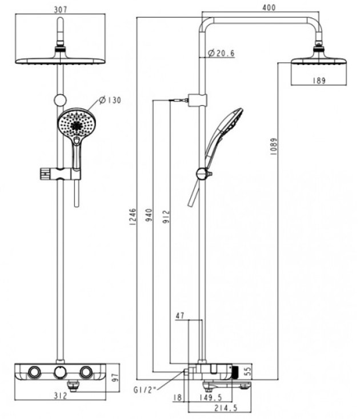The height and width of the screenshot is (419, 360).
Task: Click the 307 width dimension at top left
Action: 60,8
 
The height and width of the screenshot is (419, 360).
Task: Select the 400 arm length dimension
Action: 269,8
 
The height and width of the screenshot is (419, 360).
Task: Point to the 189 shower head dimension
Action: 319,80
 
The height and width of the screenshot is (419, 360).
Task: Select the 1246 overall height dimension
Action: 132,217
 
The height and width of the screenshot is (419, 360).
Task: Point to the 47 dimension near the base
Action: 181,315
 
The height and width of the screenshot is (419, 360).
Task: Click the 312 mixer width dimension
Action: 61,396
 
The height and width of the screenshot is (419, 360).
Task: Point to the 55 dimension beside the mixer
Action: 248,372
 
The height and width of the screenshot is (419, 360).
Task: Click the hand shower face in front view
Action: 74,123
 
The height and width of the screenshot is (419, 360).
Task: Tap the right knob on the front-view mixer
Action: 86,372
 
